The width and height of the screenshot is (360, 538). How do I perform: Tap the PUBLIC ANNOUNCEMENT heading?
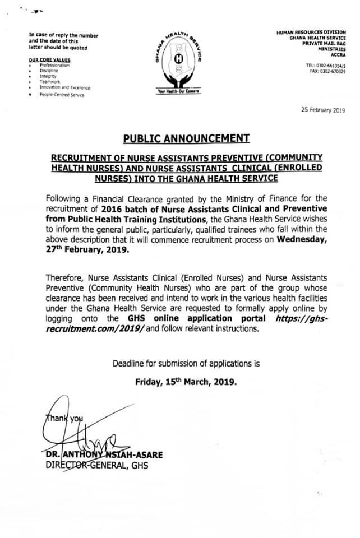coord(179,137)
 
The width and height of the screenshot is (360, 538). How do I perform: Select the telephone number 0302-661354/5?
coord(330,66)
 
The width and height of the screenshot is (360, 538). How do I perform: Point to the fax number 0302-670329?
coord(331,71)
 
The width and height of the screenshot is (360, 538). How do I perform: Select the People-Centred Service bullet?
coord(62,95)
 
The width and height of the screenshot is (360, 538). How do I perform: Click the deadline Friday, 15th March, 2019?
coord(186,383)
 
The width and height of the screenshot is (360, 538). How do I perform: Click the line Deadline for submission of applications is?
coord(186,363)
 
